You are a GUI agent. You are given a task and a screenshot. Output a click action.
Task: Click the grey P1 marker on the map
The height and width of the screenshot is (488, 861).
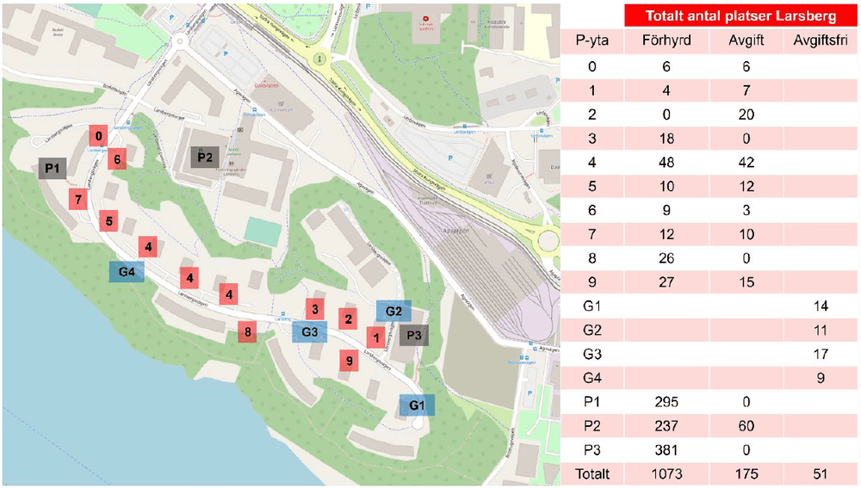53,169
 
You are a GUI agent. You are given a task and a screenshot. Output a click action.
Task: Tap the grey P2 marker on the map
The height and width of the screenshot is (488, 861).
205,157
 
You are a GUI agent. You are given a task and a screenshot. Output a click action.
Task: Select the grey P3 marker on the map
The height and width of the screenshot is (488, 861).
413,335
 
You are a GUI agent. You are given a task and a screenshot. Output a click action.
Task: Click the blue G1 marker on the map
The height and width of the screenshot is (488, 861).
417,405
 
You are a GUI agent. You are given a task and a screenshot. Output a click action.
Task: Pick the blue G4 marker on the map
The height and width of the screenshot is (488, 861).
127,272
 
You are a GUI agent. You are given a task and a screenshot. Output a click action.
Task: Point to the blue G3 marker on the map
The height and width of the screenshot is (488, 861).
310,331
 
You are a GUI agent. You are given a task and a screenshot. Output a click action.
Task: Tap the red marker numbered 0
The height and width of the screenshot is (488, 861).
99,136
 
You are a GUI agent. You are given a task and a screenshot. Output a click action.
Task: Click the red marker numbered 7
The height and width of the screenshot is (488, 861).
78,200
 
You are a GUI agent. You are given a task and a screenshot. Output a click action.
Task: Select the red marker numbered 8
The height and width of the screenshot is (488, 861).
248,332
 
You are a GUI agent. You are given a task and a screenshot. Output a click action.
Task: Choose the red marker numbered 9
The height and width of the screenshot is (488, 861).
349,361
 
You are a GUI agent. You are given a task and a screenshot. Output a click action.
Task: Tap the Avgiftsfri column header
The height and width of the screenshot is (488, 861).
818,40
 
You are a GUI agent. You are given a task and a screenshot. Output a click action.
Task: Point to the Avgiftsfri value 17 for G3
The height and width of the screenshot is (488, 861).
818,354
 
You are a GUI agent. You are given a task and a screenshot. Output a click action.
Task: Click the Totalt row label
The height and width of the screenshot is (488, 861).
593,473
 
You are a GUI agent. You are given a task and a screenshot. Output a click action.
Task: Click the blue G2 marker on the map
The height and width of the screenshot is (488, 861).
393,311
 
